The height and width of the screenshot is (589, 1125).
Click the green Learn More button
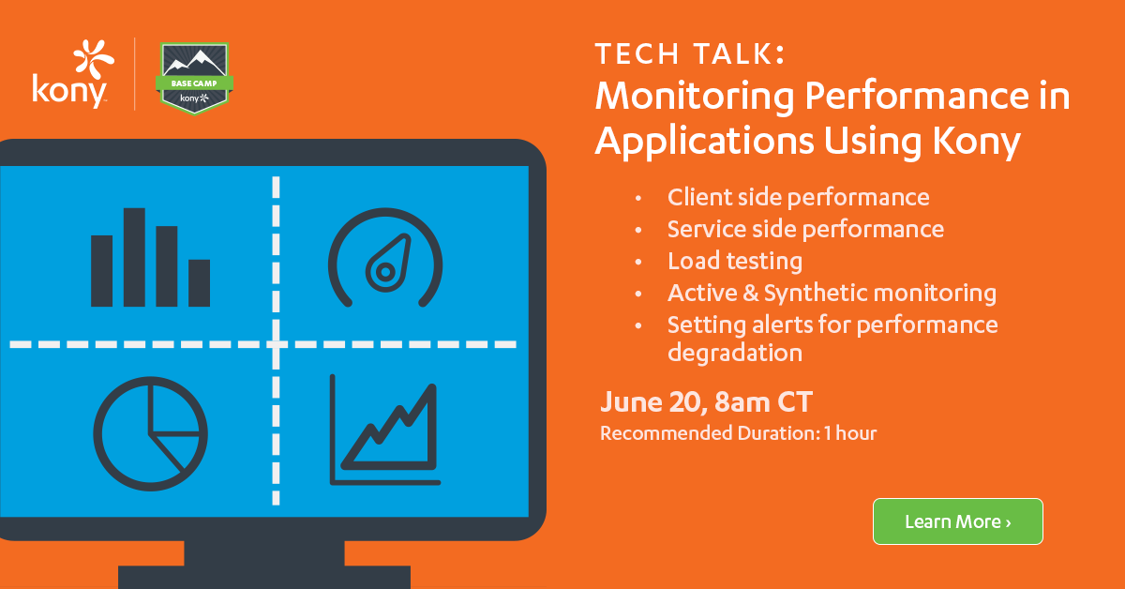[x=958, y=521]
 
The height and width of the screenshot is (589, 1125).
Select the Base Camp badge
[x=194, y=79]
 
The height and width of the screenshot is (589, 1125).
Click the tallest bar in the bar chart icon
[x=135, y=257]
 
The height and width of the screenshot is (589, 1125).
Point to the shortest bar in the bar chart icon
[x=200, y=283]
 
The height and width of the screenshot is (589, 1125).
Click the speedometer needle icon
[x=388, y=264]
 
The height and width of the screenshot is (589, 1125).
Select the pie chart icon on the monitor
[x=150, y=433]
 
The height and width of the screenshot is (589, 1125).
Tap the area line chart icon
[x=385, y=430]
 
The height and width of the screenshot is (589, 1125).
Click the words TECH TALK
[x=690, y=53]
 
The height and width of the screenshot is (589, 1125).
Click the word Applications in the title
[x=704, y=143]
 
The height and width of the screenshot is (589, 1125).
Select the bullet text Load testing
[x=735, y=262]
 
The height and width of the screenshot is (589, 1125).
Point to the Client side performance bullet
[x=799, y=197]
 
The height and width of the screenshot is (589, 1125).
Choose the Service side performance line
[x=805, y=229]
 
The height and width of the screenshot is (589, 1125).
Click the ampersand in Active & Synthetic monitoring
[x=751, y=293]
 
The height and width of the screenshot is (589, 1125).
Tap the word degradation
[x=735, y=354]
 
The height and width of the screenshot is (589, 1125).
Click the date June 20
[x=651, y=402]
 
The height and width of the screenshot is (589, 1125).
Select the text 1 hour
[x=849, y=433]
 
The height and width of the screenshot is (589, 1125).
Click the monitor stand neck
[x=264, y=552]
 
